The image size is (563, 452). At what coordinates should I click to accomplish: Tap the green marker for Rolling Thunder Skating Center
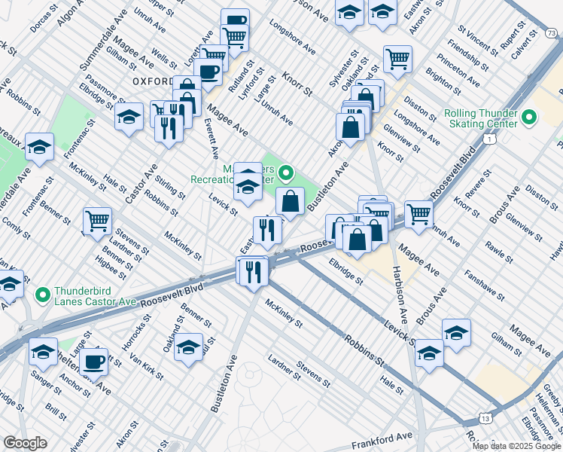point(528,118)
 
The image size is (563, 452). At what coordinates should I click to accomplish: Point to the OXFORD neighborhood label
point(153,80)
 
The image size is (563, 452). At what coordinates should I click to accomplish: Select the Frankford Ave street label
point(384,437)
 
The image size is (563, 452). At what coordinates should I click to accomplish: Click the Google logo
point(24,443)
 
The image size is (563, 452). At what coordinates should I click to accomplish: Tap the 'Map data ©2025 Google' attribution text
point(517,446)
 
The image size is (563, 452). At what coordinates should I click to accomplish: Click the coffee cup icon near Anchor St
point(93,361)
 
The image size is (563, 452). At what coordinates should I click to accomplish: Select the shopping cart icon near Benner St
point(97,221)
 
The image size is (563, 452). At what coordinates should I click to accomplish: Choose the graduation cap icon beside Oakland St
point(190,347)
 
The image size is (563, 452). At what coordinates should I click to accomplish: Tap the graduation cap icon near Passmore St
point(129,117)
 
